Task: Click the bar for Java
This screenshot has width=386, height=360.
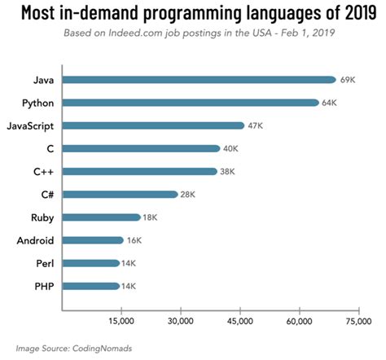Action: (x=199, y=80)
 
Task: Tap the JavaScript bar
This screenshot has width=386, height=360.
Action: (x=152, y=125)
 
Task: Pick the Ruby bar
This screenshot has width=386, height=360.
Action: (x=101, y=217)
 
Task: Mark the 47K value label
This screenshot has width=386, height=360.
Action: (x=256, y=125)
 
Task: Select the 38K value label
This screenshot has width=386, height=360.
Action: (x=229, y=171)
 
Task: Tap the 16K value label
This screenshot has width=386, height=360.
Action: (x=135, y=240)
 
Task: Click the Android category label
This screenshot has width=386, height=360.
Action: (x=36, y=240)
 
